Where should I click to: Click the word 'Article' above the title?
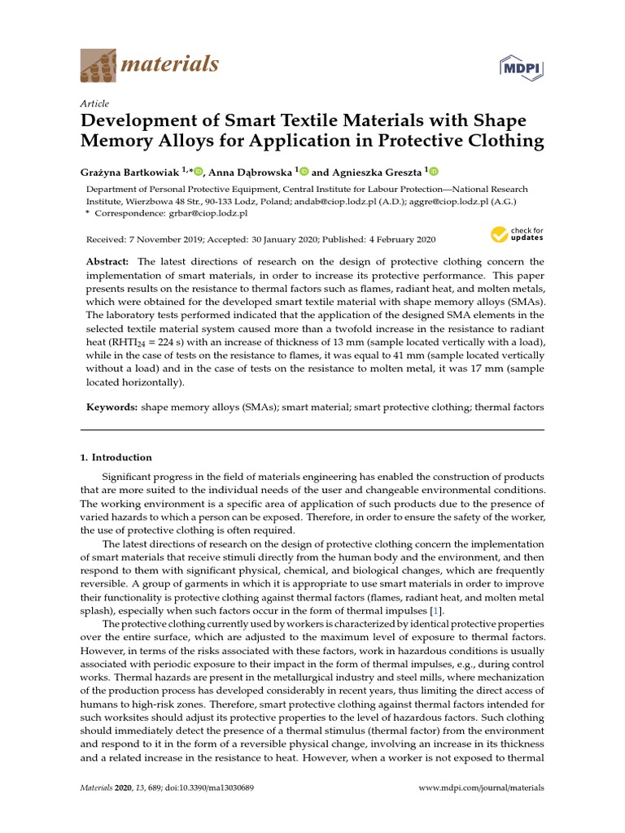point(94,103)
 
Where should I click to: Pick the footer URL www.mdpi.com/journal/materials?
point(481,788)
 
